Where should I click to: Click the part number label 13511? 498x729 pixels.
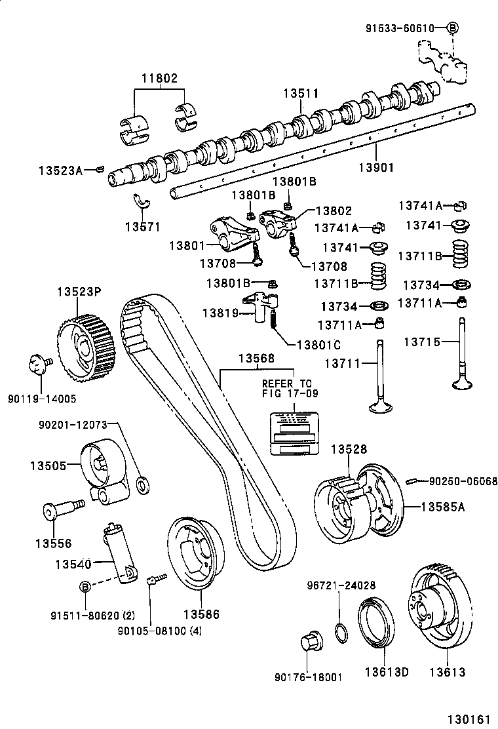tap(301, 94)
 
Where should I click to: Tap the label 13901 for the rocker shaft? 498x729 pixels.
tap(375, 167)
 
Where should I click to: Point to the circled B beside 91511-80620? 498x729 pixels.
tap(85, 586)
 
